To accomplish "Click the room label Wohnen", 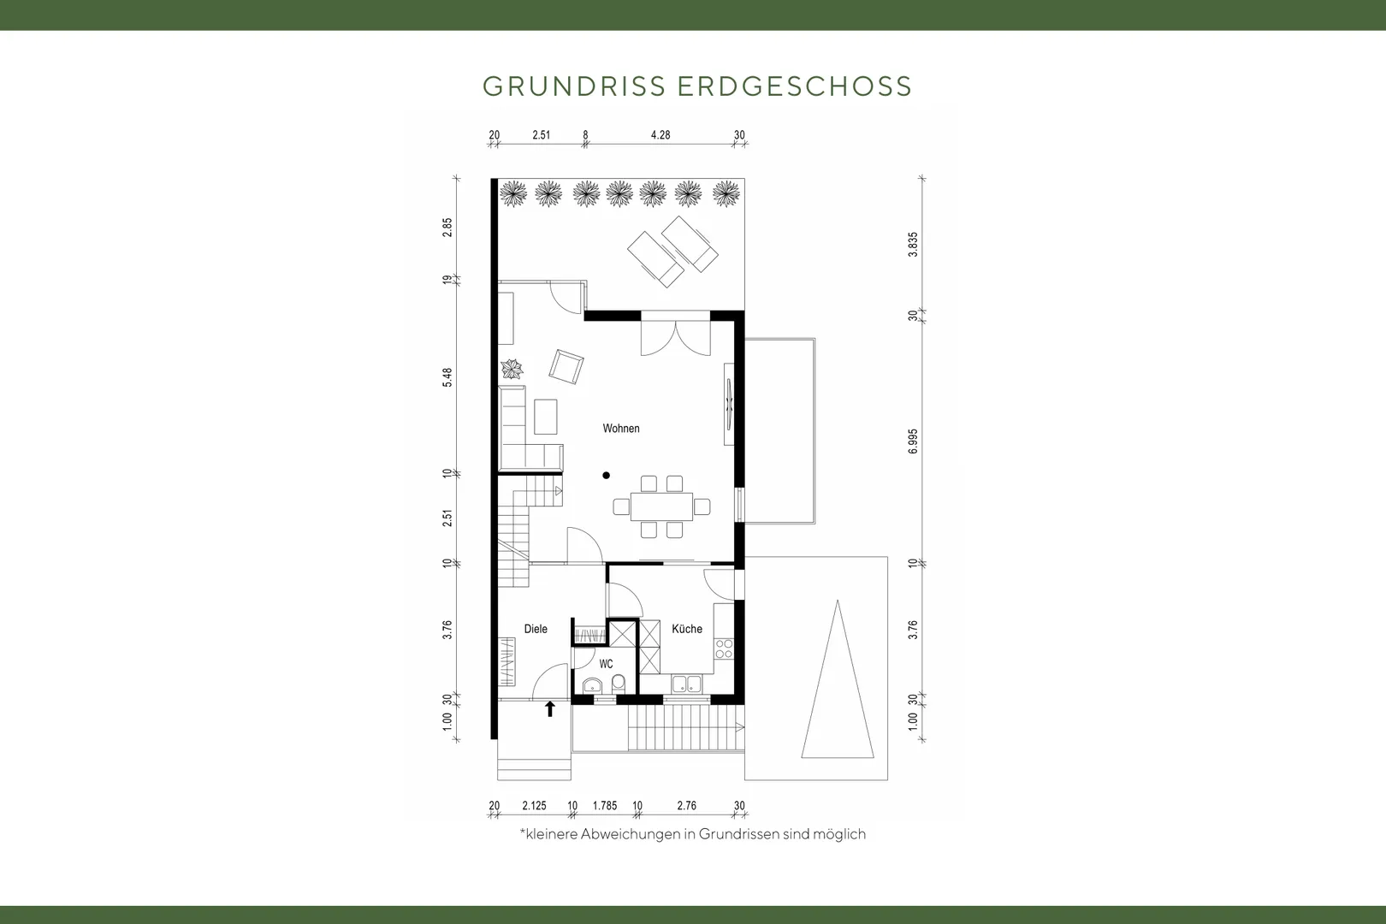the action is [620, 429].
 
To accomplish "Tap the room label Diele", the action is [536, 629].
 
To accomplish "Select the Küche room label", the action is [687, 629].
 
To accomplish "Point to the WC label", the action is [606, 664].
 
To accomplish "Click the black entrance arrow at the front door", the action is [549, 708].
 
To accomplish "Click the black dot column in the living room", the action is [607, 476].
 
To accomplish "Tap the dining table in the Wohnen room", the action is [661, 506].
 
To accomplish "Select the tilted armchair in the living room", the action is [566, 366].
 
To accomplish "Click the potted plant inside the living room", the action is [512, 369].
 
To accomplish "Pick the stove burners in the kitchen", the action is [724, 649].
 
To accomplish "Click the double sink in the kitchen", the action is [687, 684].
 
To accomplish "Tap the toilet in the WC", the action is [618, 684].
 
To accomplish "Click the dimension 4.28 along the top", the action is [660, 135].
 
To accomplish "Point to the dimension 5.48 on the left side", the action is [447, 377].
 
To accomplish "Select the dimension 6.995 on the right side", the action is [913, 441].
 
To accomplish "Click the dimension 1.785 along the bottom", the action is [605, 805].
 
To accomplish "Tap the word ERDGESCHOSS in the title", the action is [795, 86].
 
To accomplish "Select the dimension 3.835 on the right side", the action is [913, 245].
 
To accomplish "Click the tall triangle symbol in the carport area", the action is [838, 679].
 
